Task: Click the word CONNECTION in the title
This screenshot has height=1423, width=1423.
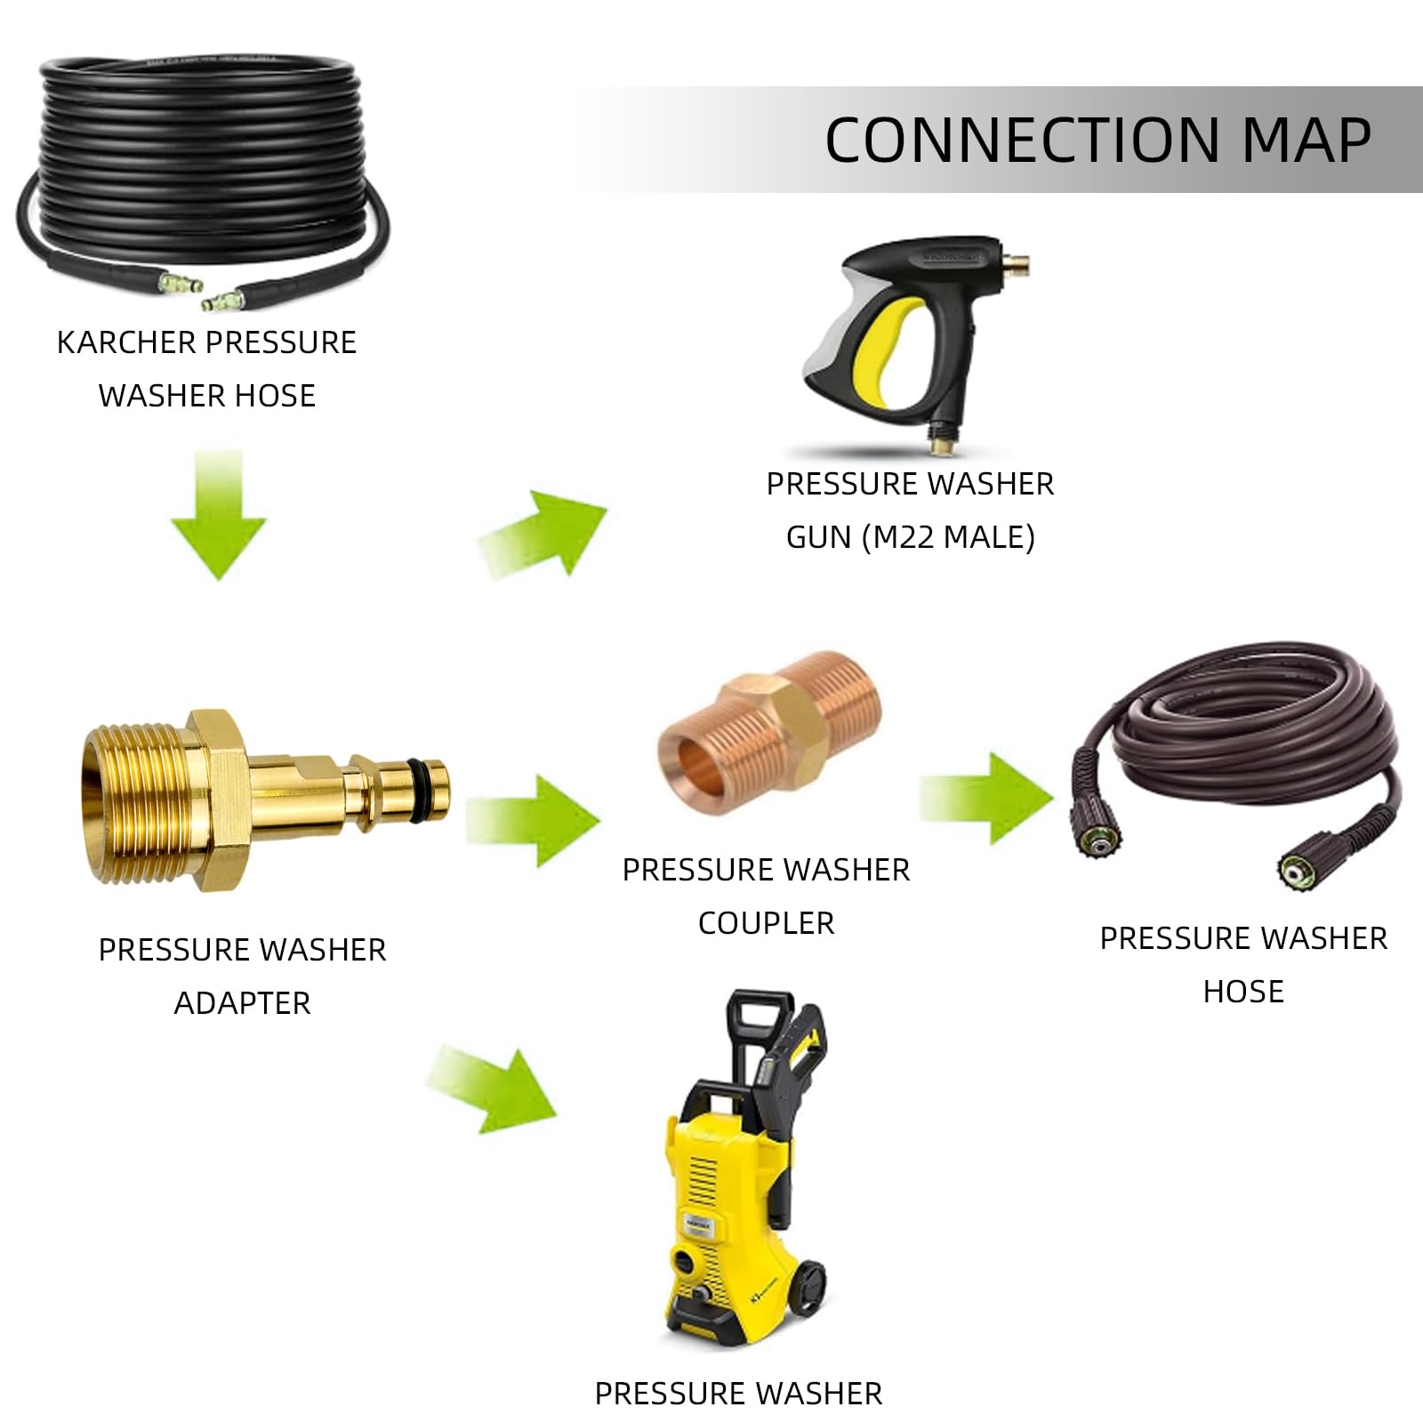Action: (x=1023, y=140)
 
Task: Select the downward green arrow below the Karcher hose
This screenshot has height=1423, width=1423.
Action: (x=218, y=516)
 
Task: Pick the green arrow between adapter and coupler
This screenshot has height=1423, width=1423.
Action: (x=534, y=819)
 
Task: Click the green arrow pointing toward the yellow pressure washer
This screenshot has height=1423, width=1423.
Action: (x=494, y=1089)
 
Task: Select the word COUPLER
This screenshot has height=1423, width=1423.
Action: (x=766, y=923)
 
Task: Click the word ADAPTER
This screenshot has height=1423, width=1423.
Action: (x=242, y=1003)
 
